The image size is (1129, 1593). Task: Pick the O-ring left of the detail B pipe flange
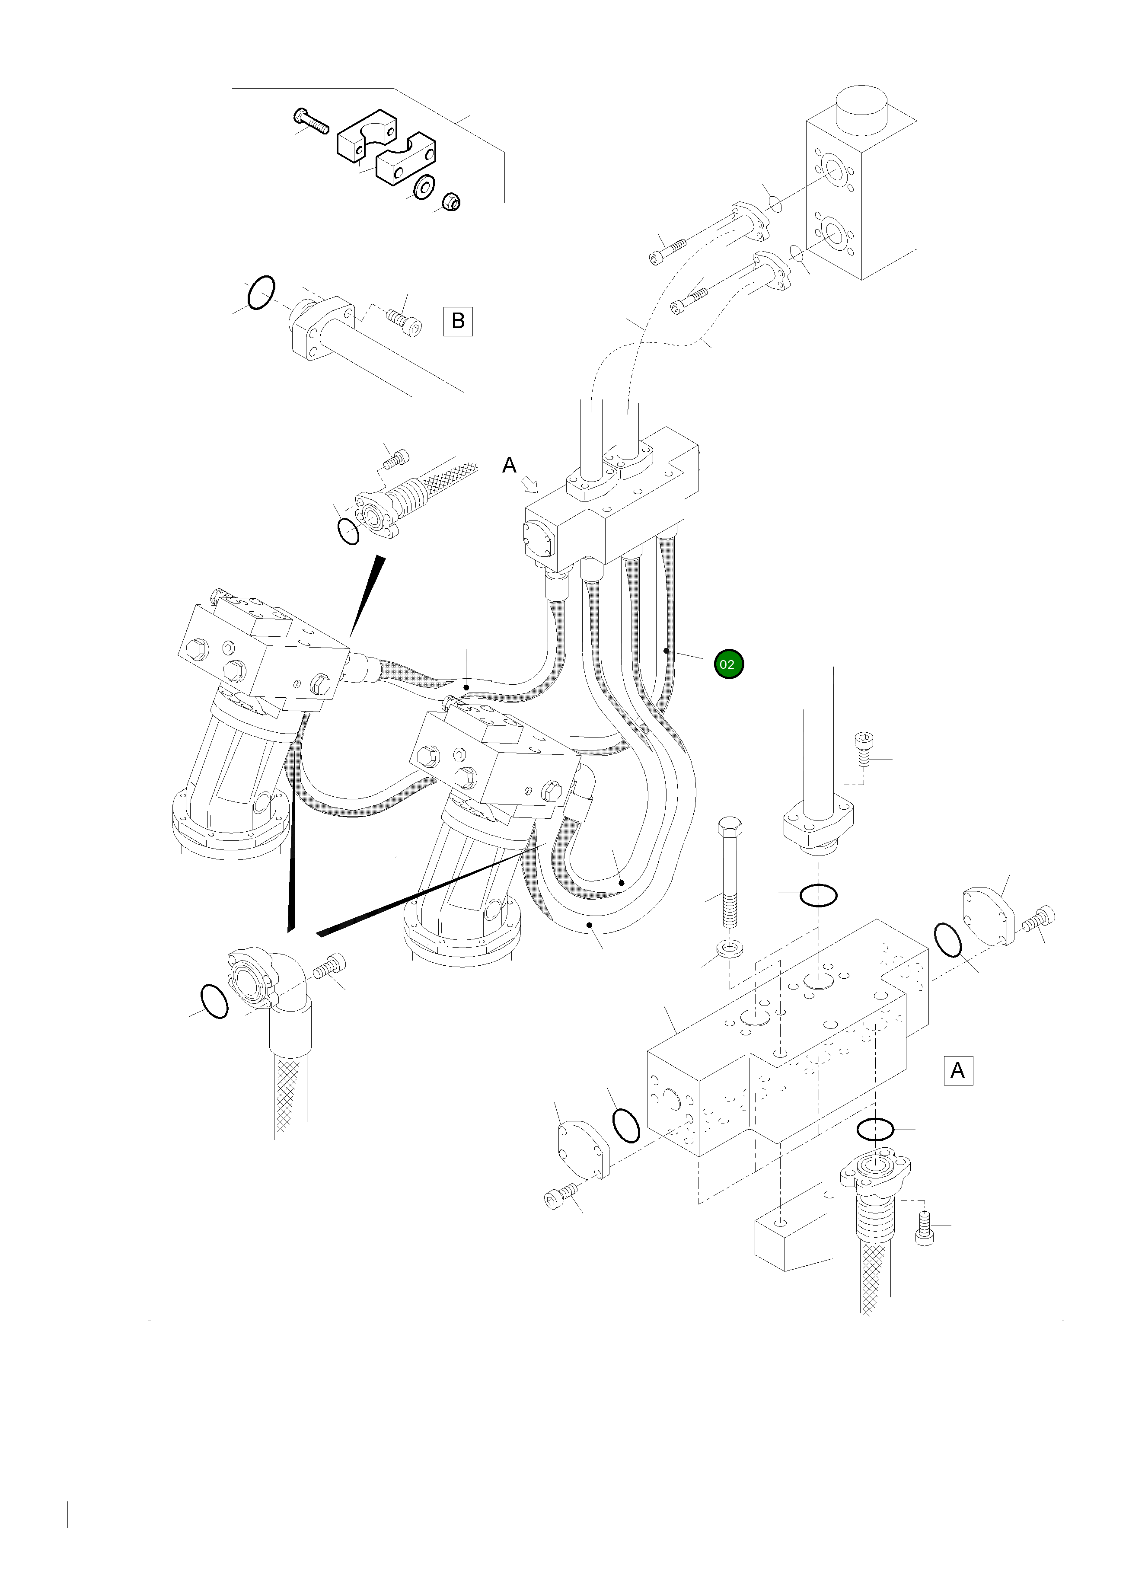(x=262, y=292)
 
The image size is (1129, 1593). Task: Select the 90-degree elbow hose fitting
(x=274, y=987)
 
